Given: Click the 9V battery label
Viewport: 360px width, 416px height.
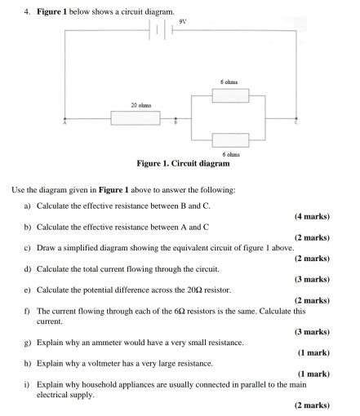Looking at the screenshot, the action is (x=183, y=22).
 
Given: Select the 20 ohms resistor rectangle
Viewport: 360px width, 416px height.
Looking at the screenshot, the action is (x=135, y=119).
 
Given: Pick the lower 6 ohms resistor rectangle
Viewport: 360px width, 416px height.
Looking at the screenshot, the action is (x=230, y=140).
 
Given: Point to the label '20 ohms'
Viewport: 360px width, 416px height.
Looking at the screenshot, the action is (x=140, y=105).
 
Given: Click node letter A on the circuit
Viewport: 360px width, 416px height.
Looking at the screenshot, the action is (x=64, y=125).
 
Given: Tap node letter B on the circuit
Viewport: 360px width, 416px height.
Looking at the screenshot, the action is (x=175, y=125).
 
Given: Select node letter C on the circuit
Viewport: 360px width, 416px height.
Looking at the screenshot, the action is (x=296, y=125).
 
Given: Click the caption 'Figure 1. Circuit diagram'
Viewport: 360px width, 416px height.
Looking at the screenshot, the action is (x=189, y=164).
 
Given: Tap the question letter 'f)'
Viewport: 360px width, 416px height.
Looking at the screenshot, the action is (x=29, y=311).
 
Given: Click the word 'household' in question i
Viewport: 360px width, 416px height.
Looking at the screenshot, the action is (x=100, y=384).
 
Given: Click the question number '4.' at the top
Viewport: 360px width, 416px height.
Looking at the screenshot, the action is (x=28, y=12).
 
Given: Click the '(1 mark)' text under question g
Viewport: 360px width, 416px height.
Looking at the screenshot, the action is (x=313, y=353).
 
